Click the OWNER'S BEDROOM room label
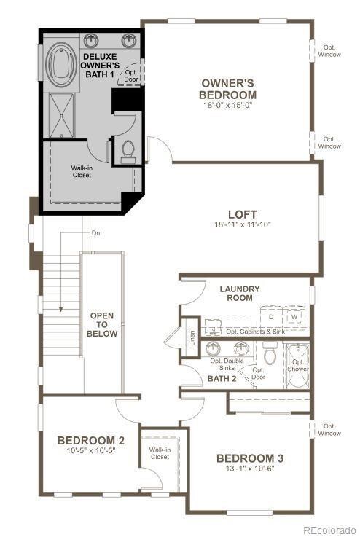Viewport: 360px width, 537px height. [x=228, y=89]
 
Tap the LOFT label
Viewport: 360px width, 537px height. [x=242, y=214]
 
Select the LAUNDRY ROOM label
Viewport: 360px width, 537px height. [x=239, y=294]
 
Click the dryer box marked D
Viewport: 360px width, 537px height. [x=270, y=318]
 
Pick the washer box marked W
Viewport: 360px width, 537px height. [x=294, y=318]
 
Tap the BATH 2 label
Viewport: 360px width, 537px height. [x=222, y=379]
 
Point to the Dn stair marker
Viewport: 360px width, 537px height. [x=95, y=233]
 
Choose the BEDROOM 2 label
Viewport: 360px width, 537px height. [x=91, y=440]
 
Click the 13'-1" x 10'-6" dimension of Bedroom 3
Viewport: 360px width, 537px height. [x=249, y=469]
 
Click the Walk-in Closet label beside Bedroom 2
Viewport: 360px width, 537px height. [x=160, y=453]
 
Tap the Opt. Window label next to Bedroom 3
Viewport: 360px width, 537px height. [x=330, y=430]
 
